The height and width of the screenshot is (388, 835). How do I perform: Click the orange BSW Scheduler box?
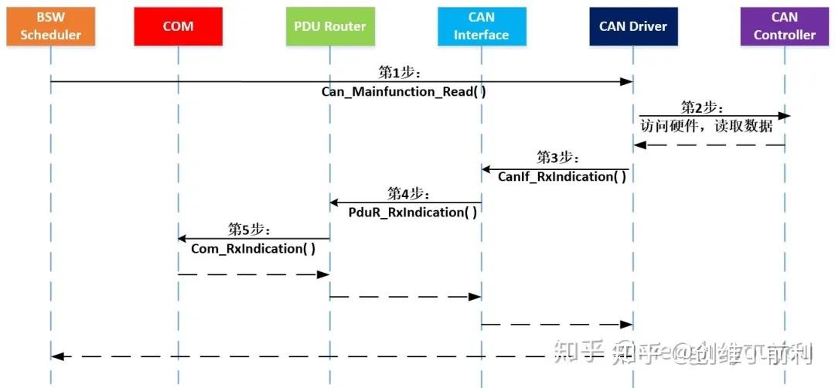50,26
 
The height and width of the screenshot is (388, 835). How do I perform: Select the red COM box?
178,26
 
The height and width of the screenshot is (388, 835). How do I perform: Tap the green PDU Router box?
329,26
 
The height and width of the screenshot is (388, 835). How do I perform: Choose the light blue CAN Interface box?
481,26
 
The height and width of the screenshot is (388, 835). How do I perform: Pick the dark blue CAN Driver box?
632,26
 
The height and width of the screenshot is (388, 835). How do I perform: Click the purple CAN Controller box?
784,26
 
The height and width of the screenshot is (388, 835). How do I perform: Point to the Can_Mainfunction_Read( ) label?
404,91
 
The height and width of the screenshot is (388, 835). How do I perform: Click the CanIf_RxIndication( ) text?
561,176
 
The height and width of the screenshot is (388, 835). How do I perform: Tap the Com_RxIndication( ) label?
254,248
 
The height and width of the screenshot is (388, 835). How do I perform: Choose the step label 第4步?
409,193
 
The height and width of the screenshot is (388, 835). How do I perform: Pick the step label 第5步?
249,229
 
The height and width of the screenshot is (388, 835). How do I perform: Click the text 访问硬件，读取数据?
707,125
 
